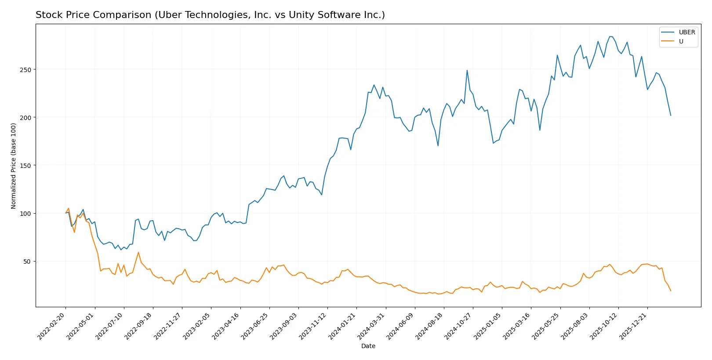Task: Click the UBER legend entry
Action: [687, 32]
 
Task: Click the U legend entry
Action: [681, 41]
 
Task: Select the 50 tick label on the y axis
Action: [27, 262]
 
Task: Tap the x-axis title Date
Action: [368, 346]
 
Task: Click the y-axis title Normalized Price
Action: [13, 166]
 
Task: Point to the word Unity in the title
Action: [300, 15]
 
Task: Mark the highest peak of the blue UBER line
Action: [610, 36]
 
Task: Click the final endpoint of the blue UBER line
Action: [671, 116]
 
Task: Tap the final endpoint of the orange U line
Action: [671, 291]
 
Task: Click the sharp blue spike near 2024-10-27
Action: [467, 70]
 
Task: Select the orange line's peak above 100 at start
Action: [68, 208]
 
